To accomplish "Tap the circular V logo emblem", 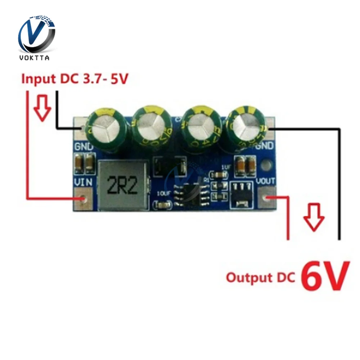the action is click(x=37, y=34).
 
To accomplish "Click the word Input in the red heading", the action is click(x=37, y=78).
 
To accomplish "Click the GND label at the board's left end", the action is click(x=84, y=147).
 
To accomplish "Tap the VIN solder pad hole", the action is click(x=84, y=198).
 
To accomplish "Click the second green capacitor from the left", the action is click(x=150, y=126).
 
